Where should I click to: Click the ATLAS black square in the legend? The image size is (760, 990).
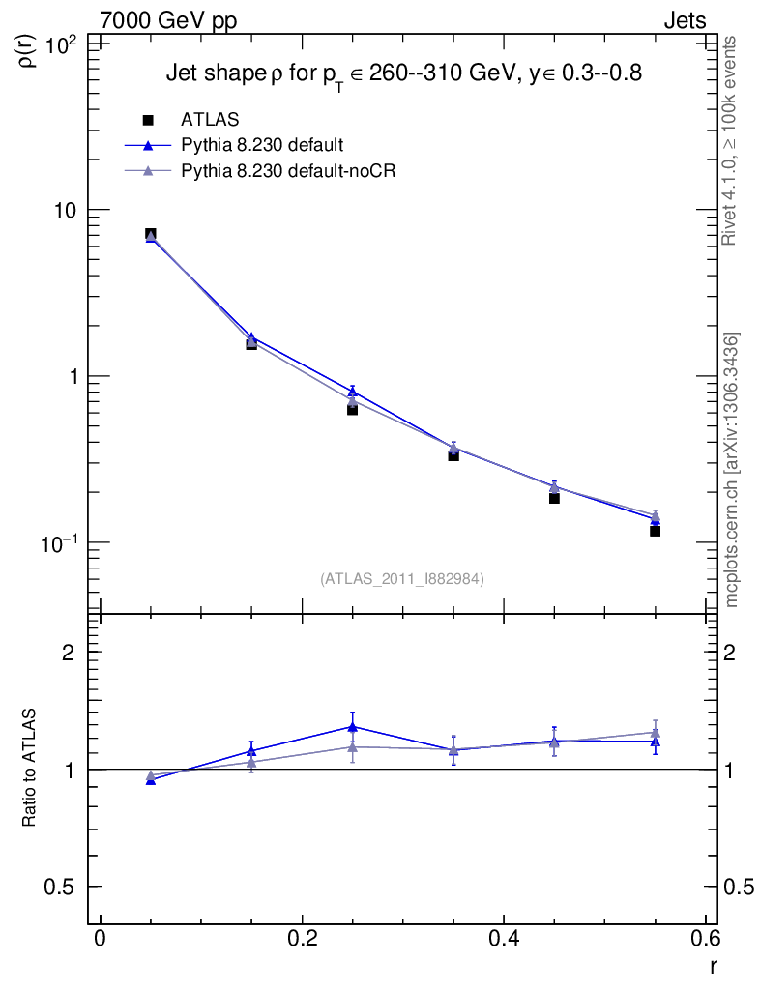point(149,120)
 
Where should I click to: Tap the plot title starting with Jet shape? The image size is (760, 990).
point(404,73)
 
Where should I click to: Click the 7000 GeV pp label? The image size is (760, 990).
point(168,20)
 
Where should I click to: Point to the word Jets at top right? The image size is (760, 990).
point(684,20)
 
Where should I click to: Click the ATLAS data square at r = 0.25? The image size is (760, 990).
point(352,409)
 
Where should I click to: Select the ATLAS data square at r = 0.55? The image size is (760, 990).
point(655,531)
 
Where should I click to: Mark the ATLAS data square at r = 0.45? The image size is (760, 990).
point(554,498)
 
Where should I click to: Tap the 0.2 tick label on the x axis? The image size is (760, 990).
point(302,940)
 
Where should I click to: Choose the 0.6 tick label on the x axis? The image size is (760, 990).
point(705,940)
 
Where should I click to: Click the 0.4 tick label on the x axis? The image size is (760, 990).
point(503,940)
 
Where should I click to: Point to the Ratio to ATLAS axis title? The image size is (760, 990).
point(30,768)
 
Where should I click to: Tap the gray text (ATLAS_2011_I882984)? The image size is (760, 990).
point(402,579)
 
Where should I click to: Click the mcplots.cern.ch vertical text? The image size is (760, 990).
point(732,470)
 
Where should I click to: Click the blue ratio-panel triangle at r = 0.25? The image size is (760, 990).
point(352,727)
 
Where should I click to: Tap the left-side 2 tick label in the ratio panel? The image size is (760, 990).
point(69,653)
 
